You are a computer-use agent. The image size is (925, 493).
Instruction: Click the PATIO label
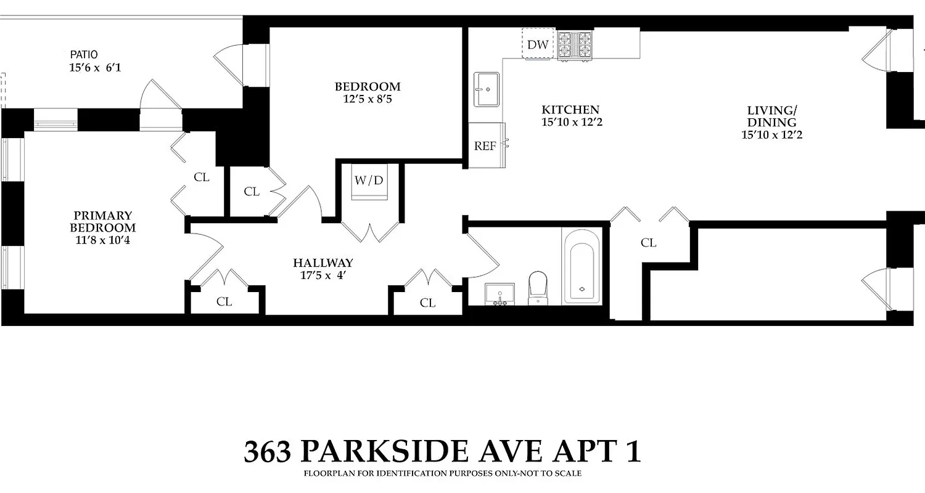coord(83,54)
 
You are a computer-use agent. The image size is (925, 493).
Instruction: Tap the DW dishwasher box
coord(537,44)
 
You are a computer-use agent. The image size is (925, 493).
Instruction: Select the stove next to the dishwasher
coord(575,44)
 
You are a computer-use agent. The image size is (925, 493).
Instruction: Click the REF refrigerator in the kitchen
coord(485,146)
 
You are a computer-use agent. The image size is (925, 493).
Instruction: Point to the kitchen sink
coord(487,89)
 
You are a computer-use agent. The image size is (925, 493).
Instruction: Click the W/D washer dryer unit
coord(369,181)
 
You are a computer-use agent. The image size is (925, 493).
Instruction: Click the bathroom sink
coord(499,293)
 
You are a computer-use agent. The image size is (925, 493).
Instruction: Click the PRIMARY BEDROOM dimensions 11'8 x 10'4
coord(102,240)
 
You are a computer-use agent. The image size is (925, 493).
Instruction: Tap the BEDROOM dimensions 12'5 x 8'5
coord(367,99)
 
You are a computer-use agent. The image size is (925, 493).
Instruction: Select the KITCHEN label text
coord(570,110)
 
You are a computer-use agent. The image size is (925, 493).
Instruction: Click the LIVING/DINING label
coord(771,116)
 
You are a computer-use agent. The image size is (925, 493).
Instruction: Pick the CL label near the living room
coord(648,243)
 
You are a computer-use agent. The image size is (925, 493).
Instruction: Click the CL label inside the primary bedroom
coord(202,177)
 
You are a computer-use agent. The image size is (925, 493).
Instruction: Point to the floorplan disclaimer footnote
coord(442,474)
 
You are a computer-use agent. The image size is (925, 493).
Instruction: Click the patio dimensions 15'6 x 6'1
coord(95,67)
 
